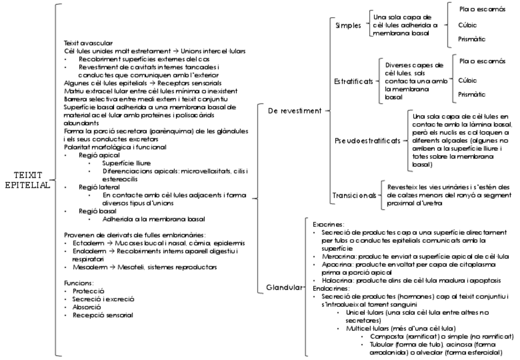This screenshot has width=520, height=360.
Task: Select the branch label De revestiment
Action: (x=296, y=110)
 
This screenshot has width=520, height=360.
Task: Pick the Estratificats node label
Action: (x=356, y=81)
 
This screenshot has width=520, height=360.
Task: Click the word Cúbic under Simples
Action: (x=467, y=25)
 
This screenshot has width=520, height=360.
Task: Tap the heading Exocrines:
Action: (x=320, y=224)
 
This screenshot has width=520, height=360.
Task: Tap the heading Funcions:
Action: (x=78, y=283)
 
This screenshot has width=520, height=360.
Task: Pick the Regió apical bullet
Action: (x=93, y=155)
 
